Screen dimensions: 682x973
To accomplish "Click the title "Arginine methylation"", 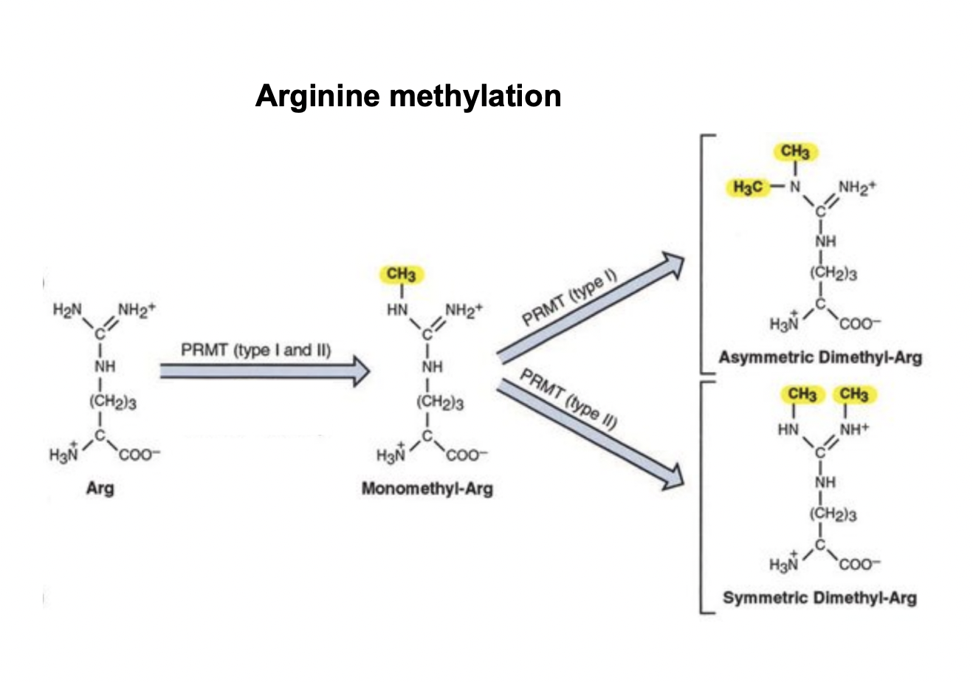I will (x=408, y=96).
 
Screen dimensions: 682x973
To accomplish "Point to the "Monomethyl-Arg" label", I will (x=427, y=489).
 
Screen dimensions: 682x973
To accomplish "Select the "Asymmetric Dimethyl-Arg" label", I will (x=820, y=358).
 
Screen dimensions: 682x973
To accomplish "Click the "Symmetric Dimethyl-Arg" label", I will (x=819, y=597).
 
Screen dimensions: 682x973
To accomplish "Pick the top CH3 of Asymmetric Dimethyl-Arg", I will (x=794, y=152).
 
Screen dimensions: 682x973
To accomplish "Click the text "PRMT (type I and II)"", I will (x=256, y=349).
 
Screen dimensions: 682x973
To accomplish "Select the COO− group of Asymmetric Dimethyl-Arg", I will (x=859, y=323).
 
